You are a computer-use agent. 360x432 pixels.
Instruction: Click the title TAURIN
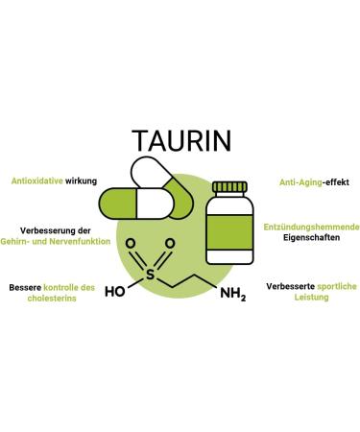click(x=180, y=139)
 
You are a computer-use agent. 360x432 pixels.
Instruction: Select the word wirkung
click(x=81, y=180)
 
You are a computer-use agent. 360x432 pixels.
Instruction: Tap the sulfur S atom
click(x=150, y=273)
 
